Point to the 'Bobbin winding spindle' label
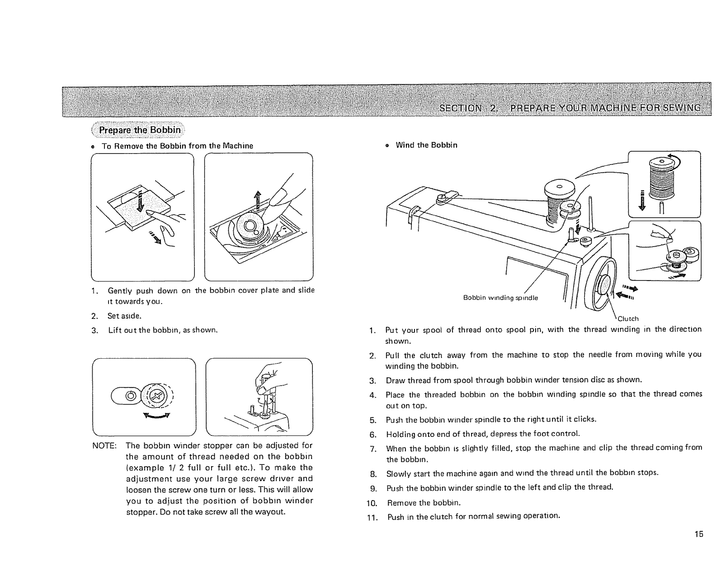click(500, 298)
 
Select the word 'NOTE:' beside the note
click(105, 445)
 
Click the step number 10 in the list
click(372, 503)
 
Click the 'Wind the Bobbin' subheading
click(426, 145)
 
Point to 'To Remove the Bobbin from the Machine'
click(177, 146)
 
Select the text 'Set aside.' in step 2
click(122, 316)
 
